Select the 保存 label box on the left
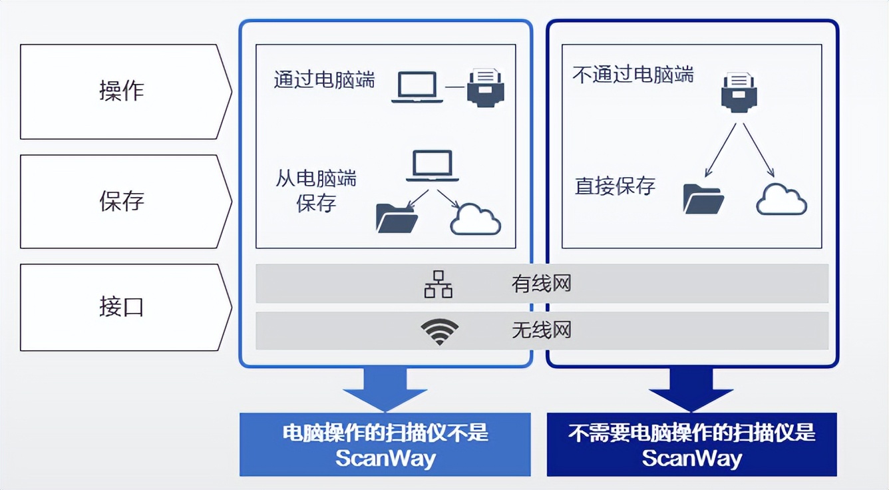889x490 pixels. coord(122,201)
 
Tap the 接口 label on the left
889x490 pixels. coord(122,308)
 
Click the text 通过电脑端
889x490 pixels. coord(324,81)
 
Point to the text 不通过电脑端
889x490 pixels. coord(633,74)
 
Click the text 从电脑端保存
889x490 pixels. coord(316,190)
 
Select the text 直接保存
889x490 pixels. coord(615,186)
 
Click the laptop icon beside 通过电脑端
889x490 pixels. coord(417,87)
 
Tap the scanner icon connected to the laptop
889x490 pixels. coord(486,87)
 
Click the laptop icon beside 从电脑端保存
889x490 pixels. coord(433,166)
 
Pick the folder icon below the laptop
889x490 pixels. coord(397,218)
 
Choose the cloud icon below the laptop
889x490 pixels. coord(475,220)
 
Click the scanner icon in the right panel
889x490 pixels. coord(739,93)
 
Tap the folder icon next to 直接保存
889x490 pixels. coord(703,198)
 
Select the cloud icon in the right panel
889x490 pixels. coord(781,198)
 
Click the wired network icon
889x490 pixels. coord(439,284)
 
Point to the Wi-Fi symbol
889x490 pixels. coord(439,332)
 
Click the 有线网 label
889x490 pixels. coord(541,284)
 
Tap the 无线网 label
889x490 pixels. coord(541,330)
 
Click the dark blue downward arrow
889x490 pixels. coord(691,389)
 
